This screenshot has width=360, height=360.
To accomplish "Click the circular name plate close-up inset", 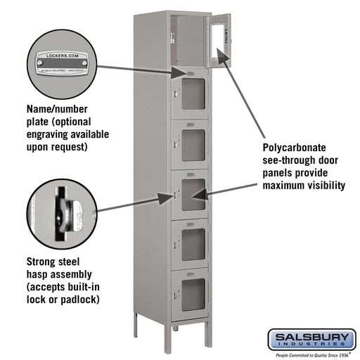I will pyautogui.click(x=60, y=63).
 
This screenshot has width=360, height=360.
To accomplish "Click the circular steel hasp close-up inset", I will pyautogui.click(x=60, y=210).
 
